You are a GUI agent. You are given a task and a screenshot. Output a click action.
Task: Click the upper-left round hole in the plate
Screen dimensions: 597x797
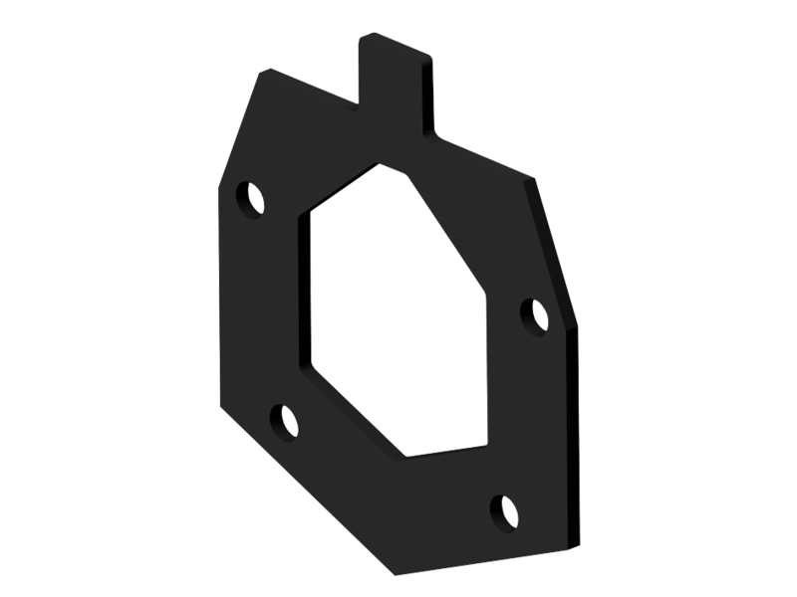click(x=252, y=196)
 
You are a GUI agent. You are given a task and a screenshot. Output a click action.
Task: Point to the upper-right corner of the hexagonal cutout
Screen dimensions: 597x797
click(x=486, y=293)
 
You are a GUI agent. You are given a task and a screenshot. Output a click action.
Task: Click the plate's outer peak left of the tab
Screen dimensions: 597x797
click(x=262, y=72)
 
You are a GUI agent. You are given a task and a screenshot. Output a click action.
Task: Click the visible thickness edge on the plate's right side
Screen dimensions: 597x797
click(x=576, y=438)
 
